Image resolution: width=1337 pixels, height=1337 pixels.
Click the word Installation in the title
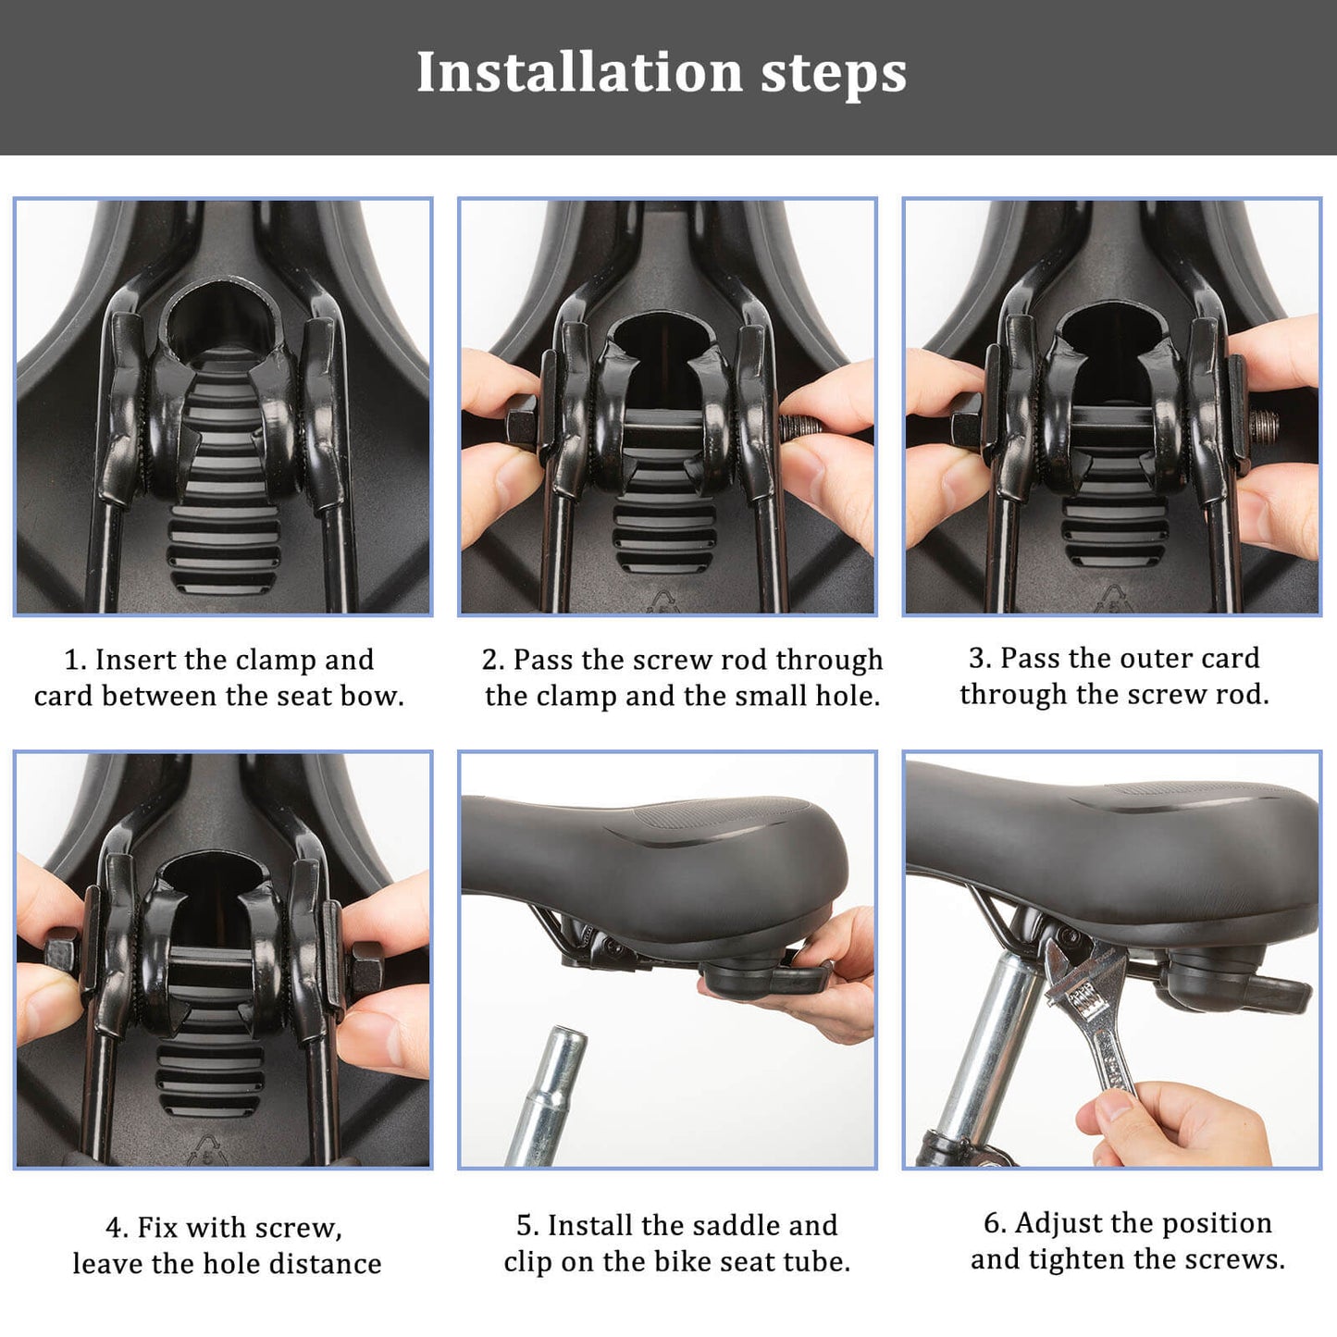579,72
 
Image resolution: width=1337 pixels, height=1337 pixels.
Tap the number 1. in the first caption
75,660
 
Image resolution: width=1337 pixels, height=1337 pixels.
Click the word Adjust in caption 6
1058,1223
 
